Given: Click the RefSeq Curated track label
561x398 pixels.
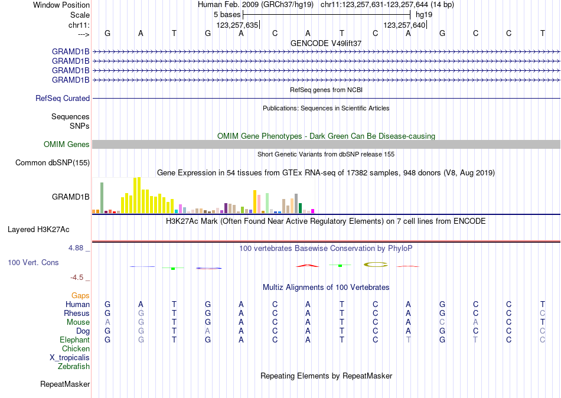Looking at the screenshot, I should (x=63, y=99).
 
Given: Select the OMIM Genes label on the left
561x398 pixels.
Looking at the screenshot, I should (x=67, y=145).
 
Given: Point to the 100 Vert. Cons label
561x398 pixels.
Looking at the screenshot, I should (x=33, y=262).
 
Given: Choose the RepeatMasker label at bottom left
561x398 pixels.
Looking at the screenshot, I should (x=65, y=384).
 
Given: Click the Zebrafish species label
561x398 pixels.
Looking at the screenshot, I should (x=74, y=367).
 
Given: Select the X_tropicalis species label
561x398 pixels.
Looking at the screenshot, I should (x=70, y=358).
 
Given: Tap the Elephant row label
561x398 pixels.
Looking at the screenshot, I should (x=74, y=340).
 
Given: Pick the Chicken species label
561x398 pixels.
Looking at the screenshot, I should (x=76, y=349).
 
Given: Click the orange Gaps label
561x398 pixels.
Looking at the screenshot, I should (x=80, y=295).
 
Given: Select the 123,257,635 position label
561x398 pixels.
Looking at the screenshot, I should (x=237, y=25).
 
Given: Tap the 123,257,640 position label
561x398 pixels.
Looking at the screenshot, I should (x=404, y=25).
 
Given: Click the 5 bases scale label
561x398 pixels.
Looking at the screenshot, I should (x=227, y=14).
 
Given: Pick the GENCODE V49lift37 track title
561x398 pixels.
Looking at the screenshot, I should (x=326, y=44).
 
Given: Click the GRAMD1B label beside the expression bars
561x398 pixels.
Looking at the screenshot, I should (x=71, y=197).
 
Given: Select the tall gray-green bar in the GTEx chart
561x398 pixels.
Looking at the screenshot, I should (x=102, y=197).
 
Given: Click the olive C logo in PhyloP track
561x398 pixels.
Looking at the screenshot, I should (x=375, y=264).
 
